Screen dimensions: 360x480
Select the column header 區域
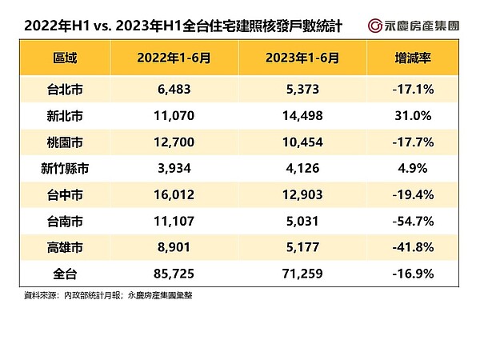click(x=66, y=58)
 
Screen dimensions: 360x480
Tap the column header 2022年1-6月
click(x=172, y=58)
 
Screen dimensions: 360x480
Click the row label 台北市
click(x=66, y=87)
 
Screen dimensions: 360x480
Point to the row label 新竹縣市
click(x=66, y=170)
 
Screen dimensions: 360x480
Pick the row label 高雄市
click(x=66, y=254)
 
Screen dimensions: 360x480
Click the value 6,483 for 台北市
click(x=172, y=87)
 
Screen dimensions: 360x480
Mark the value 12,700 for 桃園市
click(x=172, y=142)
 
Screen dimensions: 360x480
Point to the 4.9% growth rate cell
click(x=414, y=170)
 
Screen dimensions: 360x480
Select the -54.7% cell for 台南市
click(x=414, y=226)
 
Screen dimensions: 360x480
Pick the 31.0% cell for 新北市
click(x=414, y=115)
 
